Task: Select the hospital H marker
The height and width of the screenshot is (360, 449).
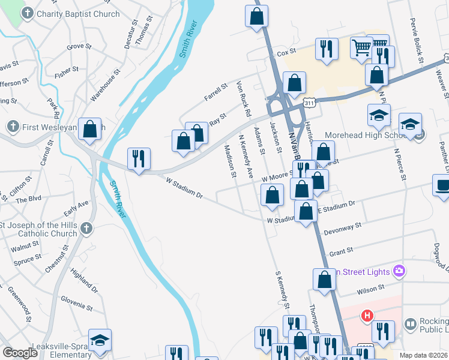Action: tap(367, 315)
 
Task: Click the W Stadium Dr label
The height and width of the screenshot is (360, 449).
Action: tap(184, 187)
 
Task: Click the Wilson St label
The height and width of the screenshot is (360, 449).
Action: tap(370, 290)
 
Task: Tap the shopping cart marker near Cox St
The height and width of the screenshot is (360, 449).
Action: tap(361, 47)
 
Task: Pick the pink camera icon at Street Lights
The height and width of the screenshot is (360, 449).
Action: tap(398, 272)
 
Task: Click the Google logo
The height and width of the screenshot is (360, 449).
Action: tap(20, 353)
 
